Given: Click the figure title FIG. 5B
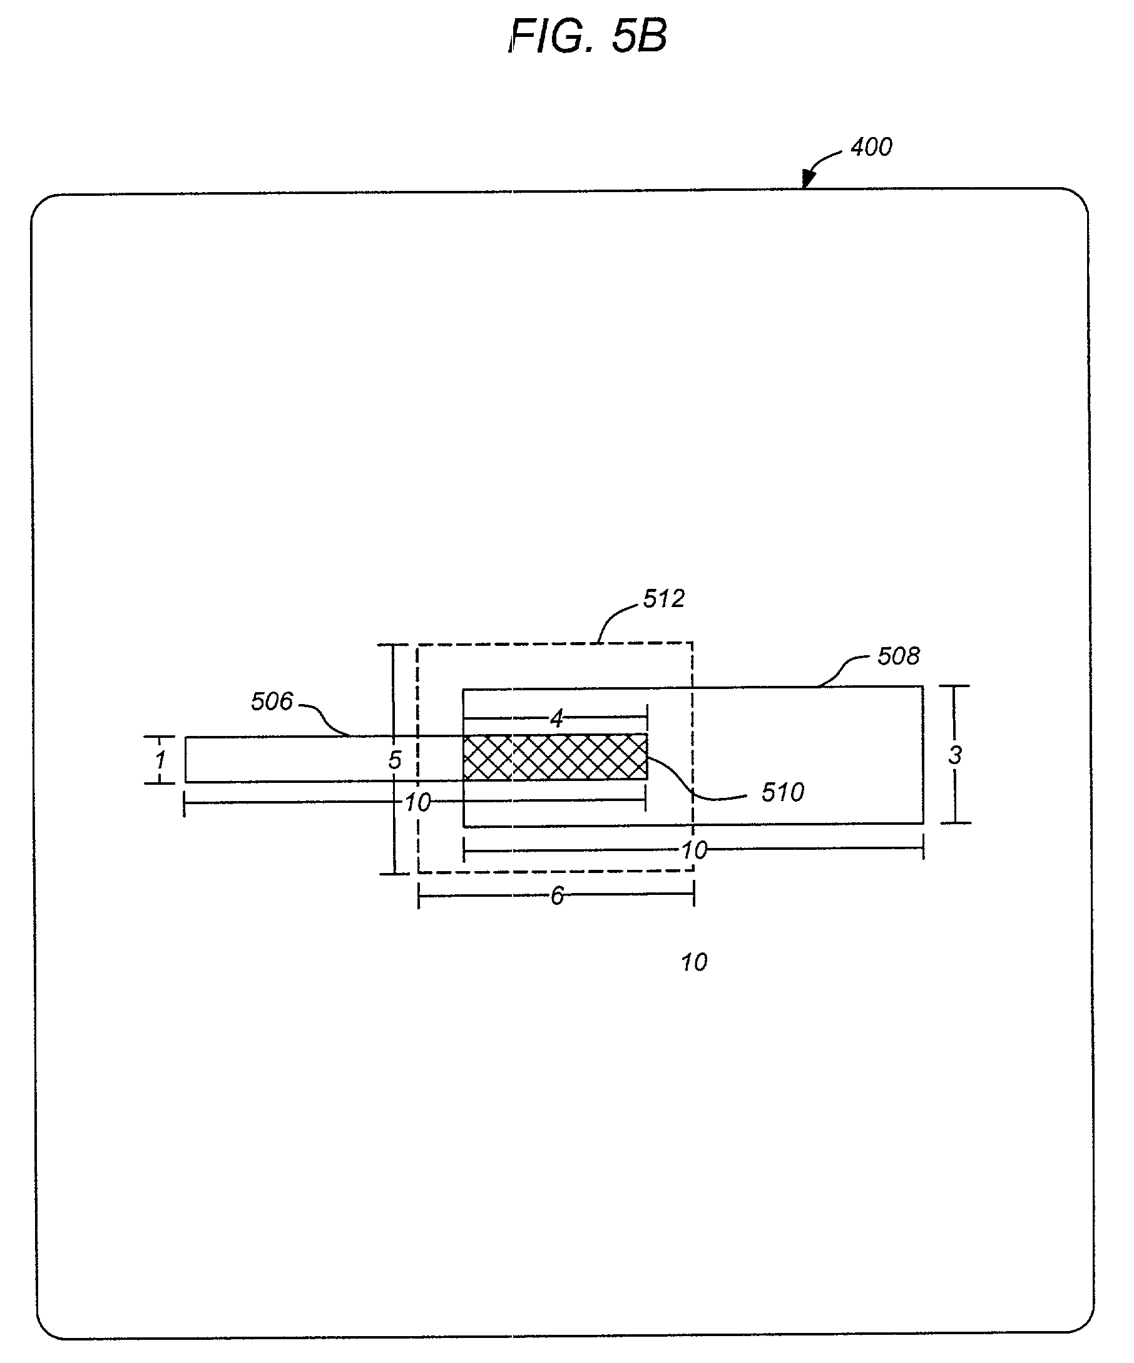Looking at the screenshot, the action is (x=588, y=36).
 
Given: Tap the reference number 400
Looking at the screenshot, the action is (x=871, y=147).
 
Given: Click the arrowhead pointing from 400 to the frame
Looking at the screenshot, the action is (x=807, y=178).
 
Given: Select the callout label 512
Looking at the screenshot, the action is (x=663, y=598).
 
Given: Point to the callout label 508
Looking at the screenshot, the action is (x=898, y=656).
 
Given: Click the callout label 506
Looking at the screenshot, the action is (x=272, y=702).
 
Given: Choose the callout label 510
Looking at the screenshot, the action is (x=783, y=792).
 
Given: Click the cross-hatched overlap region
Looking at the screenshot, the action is (x=555, y=757).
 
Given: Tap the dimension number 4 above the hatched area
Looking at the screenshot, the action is (x=557, y=718).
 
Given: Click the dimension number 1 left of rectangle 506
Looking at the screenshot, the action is (x=160, y=760).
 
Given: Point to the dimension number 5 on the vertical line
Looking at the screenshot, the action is (x=395, y=760).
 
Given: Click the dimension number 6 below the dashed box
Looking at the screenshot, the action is (x=557, y=896).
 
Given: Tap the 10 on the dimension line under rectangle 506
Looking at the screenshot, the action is (x=417, y=804).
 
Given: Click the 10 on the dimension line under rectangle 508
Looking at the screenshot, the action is (x=694, y=850).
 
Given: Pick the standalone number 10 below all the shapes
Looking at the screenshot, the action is (x=694, y=962).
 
